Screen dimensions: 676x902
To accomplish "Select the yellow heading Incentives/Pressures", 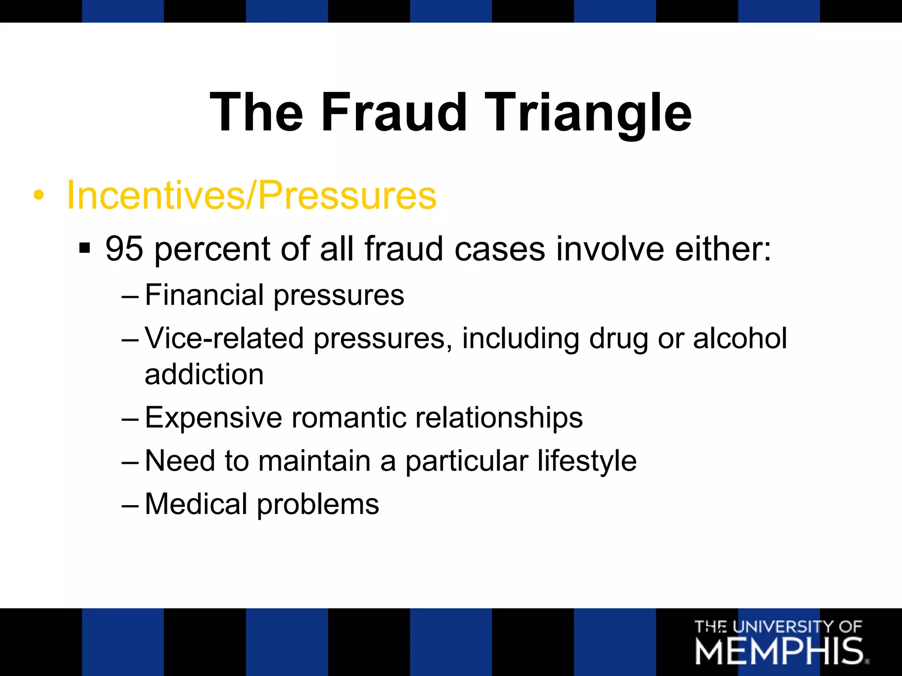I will click(251, 195).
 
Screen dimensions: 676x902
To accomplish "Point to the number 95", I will click(124, 249).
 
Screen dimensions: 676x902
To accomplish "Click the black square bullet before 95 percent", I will click(85, 248).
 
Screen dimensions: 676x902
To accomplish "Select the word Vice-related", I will click(224, 338).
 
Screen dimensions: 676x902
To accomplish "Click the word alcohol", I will click(739, 338).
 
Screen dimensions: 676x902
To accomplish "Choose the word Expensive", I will click(214, 418).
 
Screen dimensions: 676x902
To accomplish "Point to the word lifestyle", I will click(587, 462).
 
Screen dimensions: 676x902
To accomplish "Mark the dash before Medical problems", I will click(130, 505).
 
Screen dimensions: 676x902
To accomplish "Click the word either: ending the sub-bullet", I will click(723, 249).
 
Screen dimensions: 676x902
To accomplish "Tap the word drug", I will click(618, 339).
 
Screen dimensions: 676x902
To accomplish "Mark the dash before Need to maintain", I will click(130, 462).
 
